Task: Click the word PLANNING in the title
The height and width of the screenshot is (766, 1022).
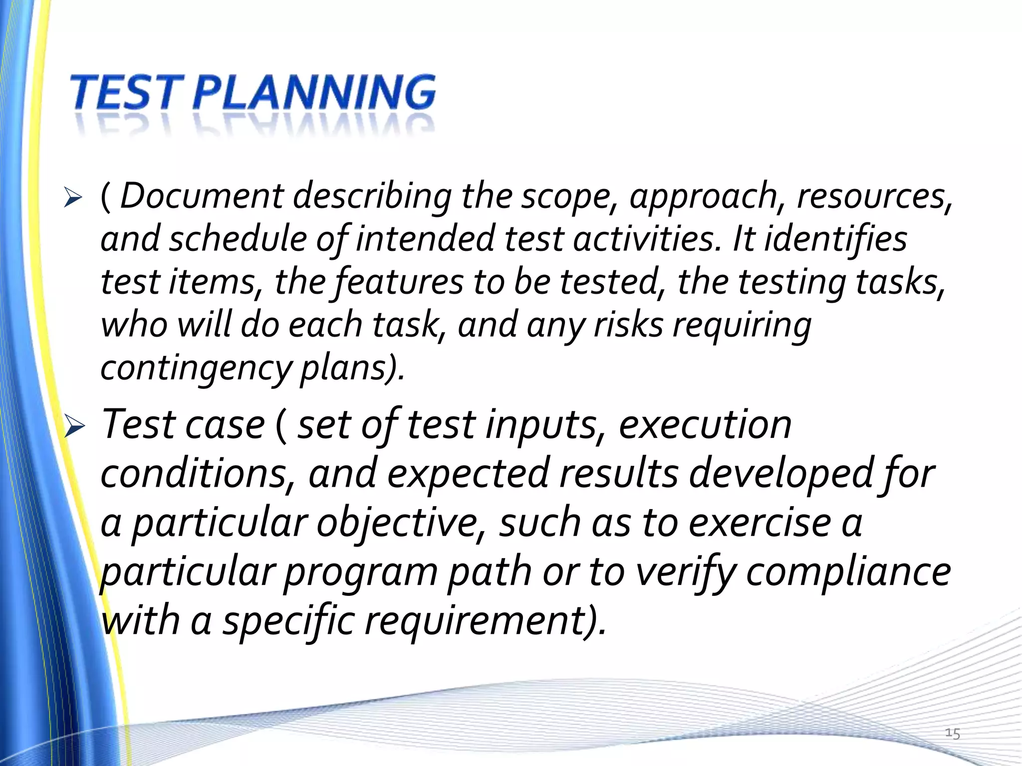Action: click(314, 92)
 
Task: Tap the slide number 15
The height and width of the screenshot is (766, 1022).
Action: click(952, 734)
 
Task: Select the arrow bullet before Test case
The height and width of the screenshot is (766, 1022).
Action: click(75, 427)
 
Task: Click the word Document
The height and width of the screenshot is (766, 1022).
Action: click(202, 195)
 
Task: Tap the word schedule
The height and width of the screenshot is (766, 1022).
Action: click(238, 238)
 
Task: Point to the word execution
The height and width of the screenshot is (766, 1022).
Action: click(705, 424)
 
